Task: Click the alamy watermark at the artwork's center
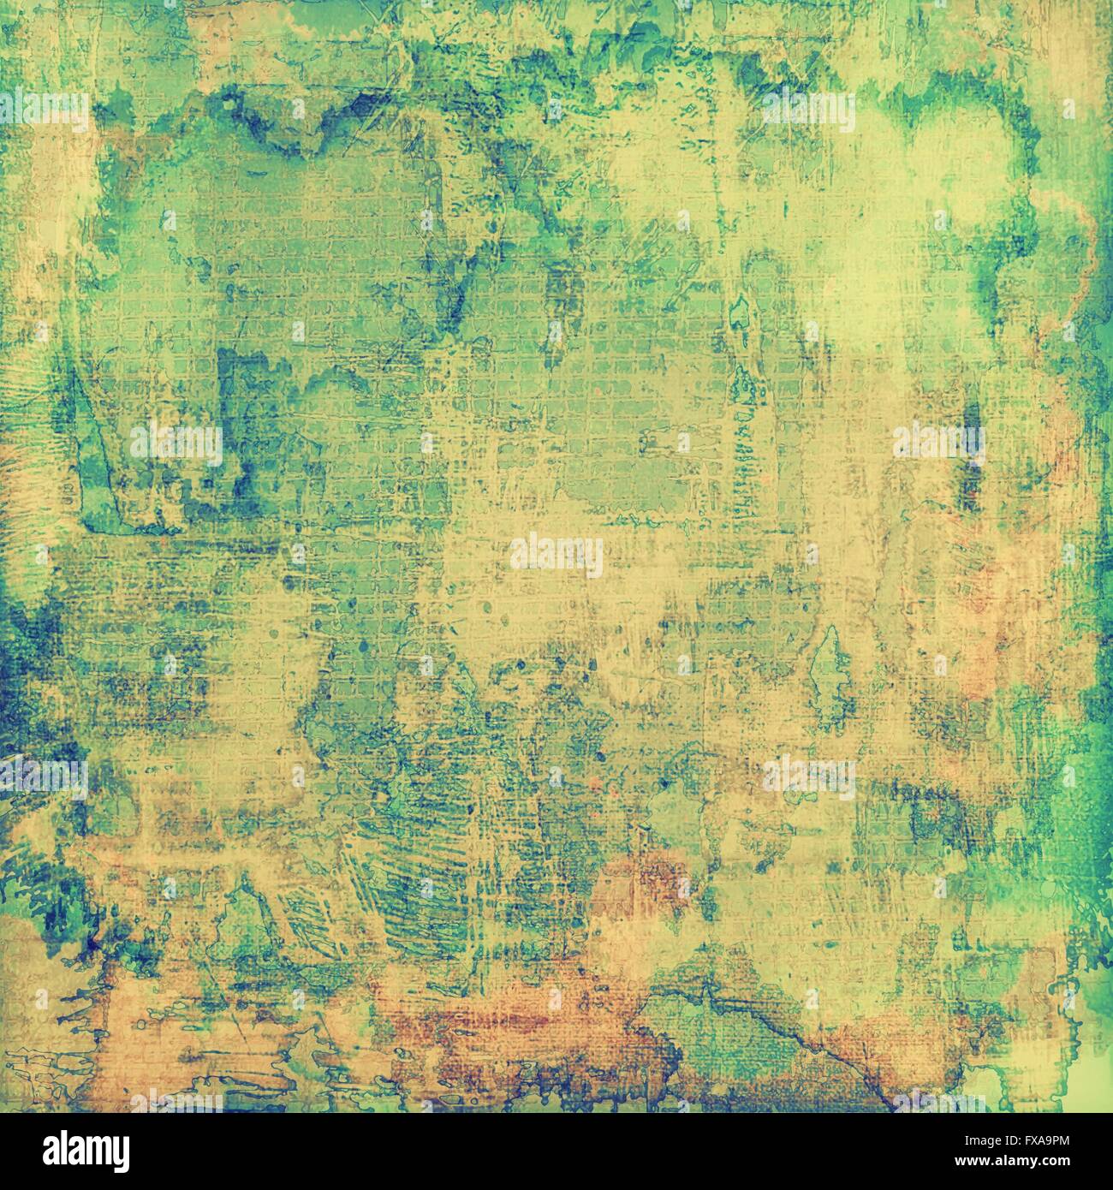click(556, 553)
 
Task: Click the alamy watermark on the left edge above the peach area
click(44, 776)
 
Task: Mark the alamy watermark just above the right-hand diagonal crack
click(808, 776)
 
